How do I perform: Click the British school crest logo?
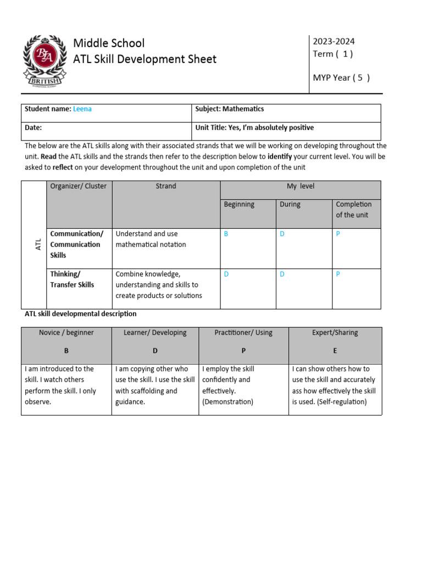[43, 61]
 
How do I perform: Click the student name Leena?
[82, 109]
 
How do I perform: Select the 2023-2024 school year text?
[334, 41]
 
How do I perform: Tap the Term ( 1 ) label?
[332, 54]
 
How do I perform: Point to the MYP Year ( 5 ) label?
[341, 77]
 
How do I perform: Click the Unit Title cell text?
[254, 127]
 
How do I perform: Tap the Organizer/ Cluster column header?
[79, 186]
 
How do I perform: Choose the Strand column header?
[165, 186]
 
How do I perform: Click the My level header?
[301, 186]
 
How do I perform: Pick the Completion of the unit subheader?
[354, 209]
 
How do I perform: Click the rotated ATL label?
[38, 244]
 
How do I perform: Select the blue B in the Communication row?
[226, 234]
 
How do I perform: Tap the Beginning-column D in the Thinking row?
[226, 274]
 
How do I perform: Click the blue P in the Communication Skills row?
[338, 234]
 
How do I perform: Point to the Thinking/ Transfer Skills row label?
[72, 279]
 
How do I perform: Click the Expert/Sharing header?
[335, 333]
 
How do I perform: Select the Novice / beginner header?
[66, 333]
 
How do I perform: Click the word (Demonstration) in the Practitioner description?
[227, 402]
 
